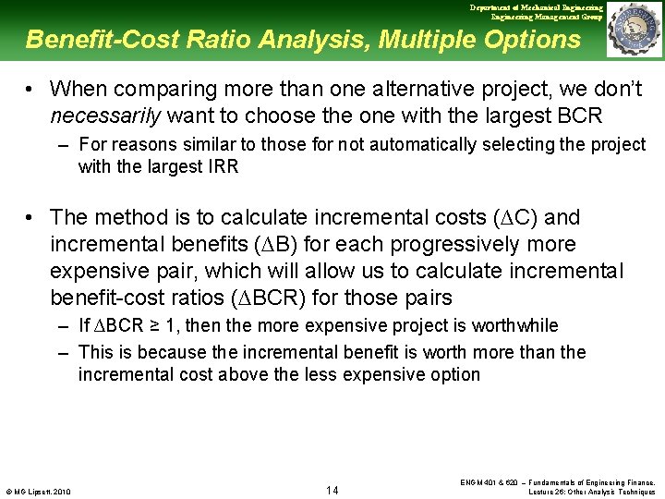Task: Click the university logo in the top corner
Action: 635,30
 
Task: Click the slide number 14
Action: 332,490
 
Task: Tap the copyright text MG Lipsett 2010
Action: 37,491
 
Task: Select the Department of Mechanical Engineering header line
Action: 536,7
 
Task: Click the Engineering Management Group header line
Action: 547,17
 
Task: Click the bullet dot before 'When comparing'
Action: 31,89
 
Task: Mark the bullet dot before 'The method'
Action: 31,217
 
